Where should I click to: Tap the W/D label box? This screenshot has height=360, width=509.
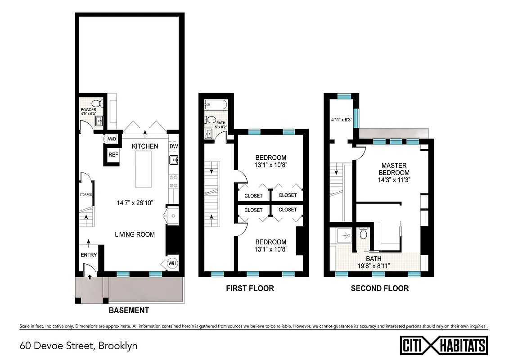pos(111,139)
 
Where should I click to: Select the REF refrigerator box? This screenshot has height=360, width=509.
pos(113,155)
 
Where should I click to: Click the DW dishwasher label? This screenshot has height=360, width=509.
pos(174,146)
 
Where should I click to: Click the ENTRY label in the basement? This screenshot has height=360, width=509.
pos(89,255)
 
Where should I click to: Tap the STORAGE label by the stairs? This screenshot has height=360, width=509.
pos(86,195)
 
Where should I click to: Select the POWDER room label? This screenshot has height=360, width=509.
pos(89,110)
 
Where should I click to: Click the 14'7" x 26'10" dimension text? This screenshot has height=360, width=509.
pos(135,202)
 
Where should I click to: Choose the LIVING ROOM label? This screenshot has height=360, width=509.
pos(135,234)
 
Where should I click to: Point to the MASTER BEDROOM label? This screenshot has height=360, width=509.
pos(394,169)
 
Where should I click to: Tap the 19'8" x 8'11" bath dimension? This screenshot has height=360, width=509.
pos(374,262)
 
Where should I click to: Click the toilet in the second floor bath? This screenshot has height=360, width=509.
pos(364,234)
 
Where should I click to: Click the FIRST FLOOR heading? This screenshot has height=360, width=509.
pos(250,288)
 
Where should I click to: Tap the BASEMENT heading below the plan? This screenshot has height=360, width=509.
pos(129,310)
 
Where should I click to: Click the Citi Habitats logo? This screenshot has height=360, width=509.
pos(444,346)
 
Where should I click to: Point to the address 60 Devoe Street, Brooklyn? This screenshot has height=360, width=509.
pos(79,346)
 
